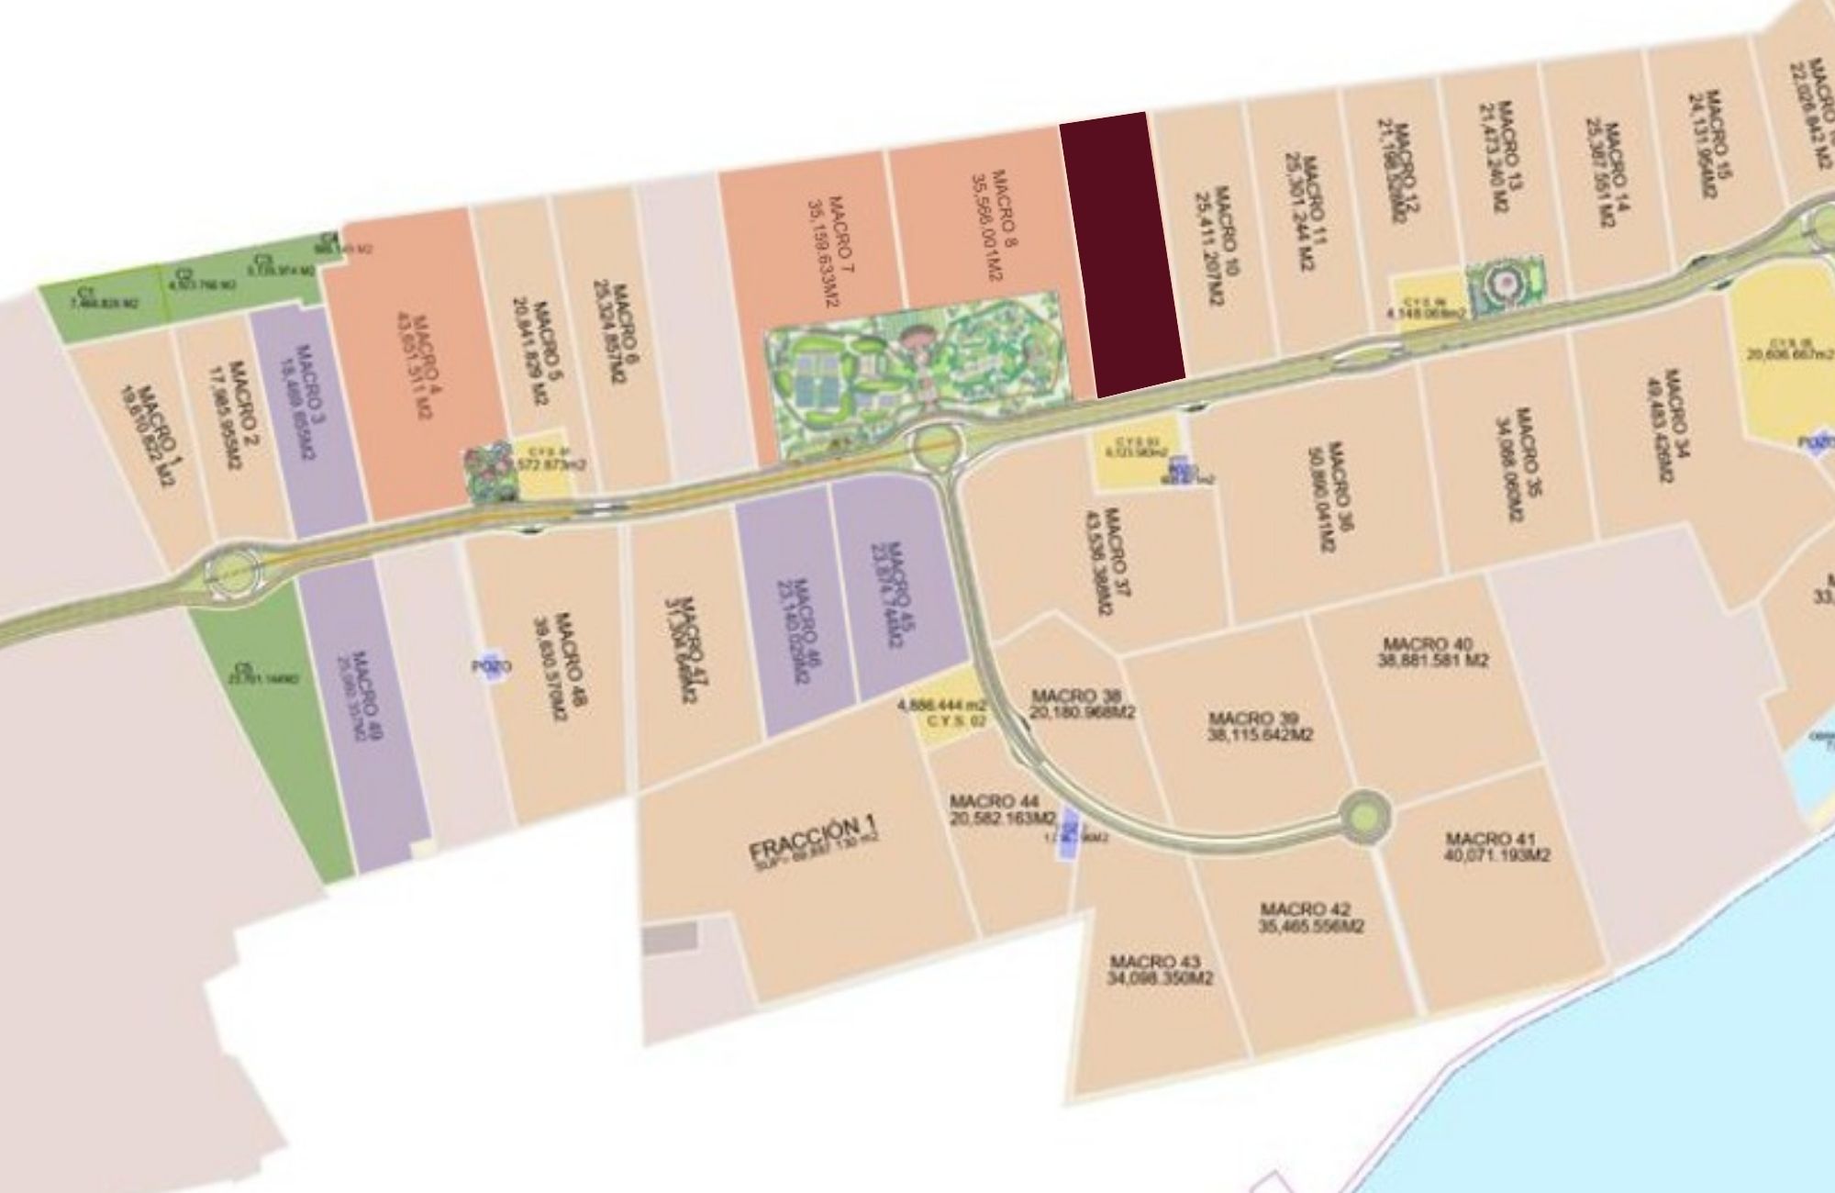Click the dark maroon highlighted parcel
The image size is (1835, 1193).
[1122, 254]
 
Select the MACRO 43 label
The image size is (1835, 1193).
[1159, 970]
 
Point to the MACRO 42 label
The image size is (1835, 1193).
[1310, 918]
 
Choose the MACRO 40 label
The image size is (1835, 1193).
[1432, 652]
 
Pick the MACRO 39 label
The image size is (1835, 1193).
[1260, 726]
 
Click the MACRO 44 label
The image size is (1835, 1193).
[1001, 809]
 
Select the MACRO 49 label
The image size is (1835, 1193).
[364, 693]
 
